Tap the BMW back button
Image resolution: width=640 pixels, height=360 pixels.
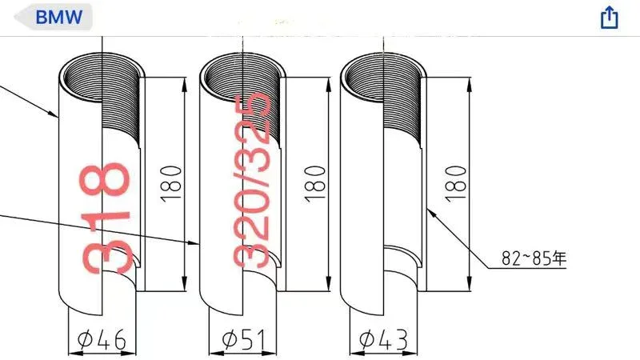(x=54, y=17)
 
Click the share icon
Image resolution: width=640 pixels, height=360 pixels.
(x=609, y=17)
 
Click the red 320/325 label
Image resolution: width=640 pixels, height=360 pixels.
(x=252, y=179)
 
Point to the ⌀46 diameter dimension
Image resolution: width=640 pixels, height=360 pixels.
(x=102, y=339)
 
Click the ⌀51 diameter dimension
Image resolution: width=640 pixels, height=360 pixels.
(x=243, y=339)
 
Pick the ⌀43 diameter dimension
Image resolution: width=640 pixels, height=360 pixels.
(x=384, y=339)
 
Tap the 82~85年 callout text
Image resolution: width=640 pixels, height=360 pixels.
(x=534, y=258)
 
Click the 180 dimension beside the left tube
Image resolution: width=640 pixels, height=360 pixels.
(x=170, y=184)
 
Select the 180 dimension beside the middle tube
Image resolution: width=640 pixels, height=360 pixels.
(x=315, y=184)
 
